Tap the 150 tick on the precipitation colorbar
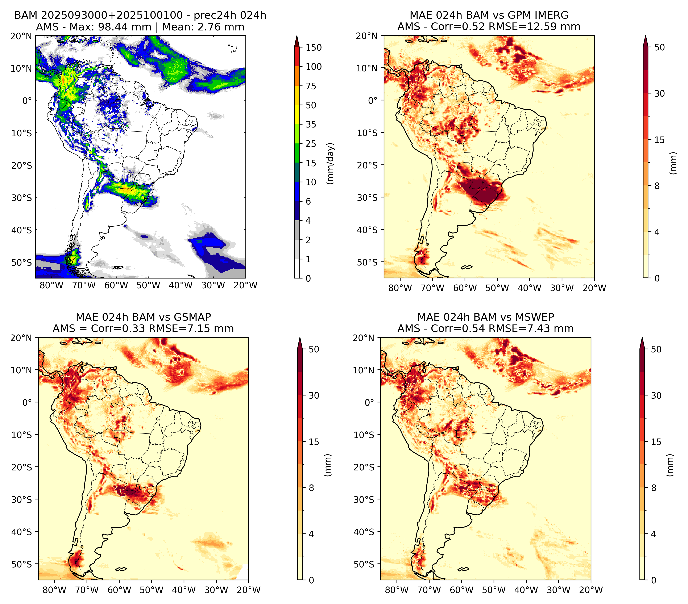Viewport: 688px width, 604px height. pos(314,47)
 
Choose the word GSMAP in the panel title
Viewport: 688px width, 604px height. pos(192,317)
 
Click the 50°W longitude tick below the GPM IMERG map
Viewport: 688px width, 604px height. pos(497,288)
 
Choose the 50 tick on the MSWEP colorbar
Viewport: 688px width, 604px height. pos(656,349)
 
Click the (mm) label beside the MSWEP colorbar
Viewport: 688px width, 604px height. pos(671,465)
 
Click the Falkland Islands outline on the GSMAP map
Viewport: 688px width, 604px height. pos(121,569)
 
